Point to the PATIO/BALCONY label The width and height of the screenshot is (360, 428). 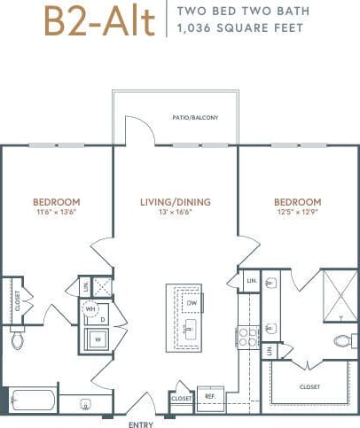tap(195, 118)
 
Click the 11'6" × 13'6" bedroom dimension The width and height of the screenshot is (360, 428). tap(57, 213)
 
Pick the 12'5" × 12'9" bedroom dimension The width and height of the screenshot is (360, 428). tap(294, 213)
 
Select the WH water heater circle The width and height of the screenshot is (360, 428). tap(90, 310)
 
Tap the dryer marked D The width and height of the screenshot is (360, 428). tap(102, 319)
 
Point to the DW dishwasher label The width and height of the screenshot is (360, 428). tap(192, 302)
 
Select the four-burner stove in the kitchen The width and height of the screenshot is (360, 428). tap(247, 335)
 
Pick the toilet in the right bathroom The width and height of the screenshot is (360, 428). tap(342, 340)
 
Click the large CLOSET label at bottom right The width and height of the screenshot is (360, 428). tap(311, 386)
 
